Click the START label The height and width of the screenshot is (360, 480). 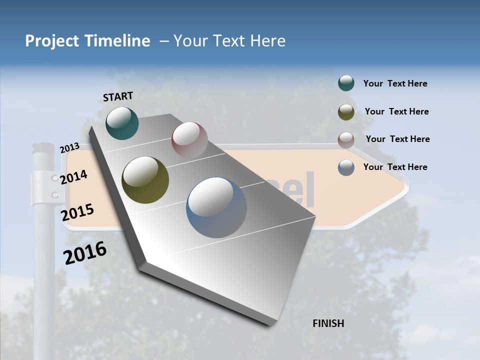118,96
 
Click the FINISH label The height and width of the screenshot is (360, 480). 328,323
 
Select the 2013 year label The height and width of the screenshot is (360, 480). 69,148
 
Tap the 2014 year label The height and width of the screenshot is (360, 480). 73,177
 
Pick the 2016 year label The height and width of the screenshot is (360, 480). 85,253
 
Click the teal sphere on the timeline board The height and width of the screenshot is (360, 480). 122,123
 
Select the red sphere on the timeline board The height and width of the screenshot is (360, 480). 189,139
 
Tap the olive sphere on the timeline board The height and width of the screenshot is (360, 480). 145,180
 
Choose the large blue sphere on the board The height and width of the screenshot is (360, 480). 216,207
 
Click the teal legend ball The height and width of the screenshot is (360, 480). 346,83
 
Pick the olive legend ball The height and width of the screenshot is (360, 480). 346,111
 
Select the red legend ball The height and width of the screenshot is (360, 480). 346,139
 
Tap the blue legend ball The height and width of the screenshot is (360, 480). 346,167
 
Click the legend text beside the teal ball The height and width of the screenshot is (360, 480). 395,83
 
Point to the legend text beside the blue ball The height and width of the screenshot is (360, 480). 395,167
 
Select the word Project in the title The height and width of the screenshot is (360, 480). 51,41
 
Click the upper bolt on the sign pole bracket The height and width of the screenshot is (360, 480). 54,178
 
